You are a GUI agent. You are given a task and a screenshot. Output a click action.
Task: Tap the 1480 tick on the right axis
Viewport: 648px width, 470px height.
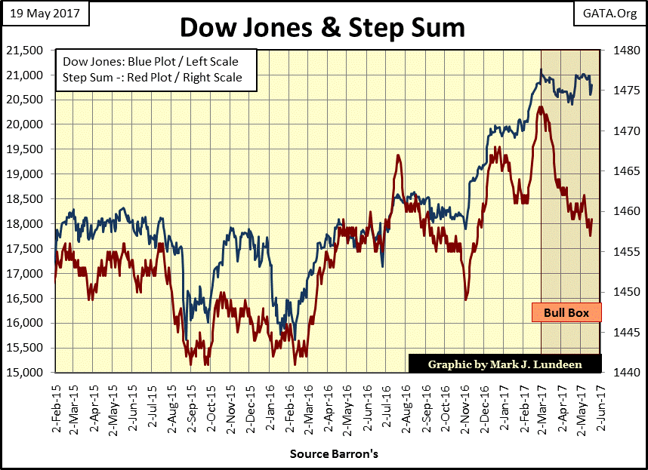tap(618, 51)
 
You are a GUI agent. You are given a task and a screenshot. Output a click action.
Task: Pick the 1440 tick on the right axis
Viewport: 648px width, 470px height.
tap(618, 373)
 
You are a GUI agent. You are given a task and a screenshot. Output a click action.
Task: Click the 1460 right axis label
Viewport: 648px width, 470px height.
tap(618, 211)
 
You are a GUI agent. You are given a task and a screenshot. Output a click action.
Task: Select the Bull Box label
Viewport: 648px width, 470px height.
tap(566, 312)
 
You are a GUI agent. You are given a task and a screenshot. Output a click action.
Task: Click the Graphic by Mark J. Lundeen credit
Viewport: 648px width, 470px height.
tap(505, 364)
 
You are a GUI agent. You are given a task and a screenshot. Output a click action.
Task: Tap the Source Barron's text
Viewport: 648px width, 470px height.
tap(334, 455)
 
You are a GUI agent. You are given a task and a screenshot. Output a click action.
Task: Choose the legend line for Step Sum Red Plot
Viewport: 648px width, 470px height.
tap(153, 77)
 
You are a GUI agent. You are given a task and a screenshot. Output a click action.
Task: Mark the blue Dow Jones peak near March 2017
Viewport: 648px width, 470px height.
tap(541, 70)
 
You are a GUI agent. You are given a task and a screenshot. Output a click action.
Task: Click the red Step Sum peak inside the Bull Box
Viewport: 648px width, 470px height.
tap(541, 107)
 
